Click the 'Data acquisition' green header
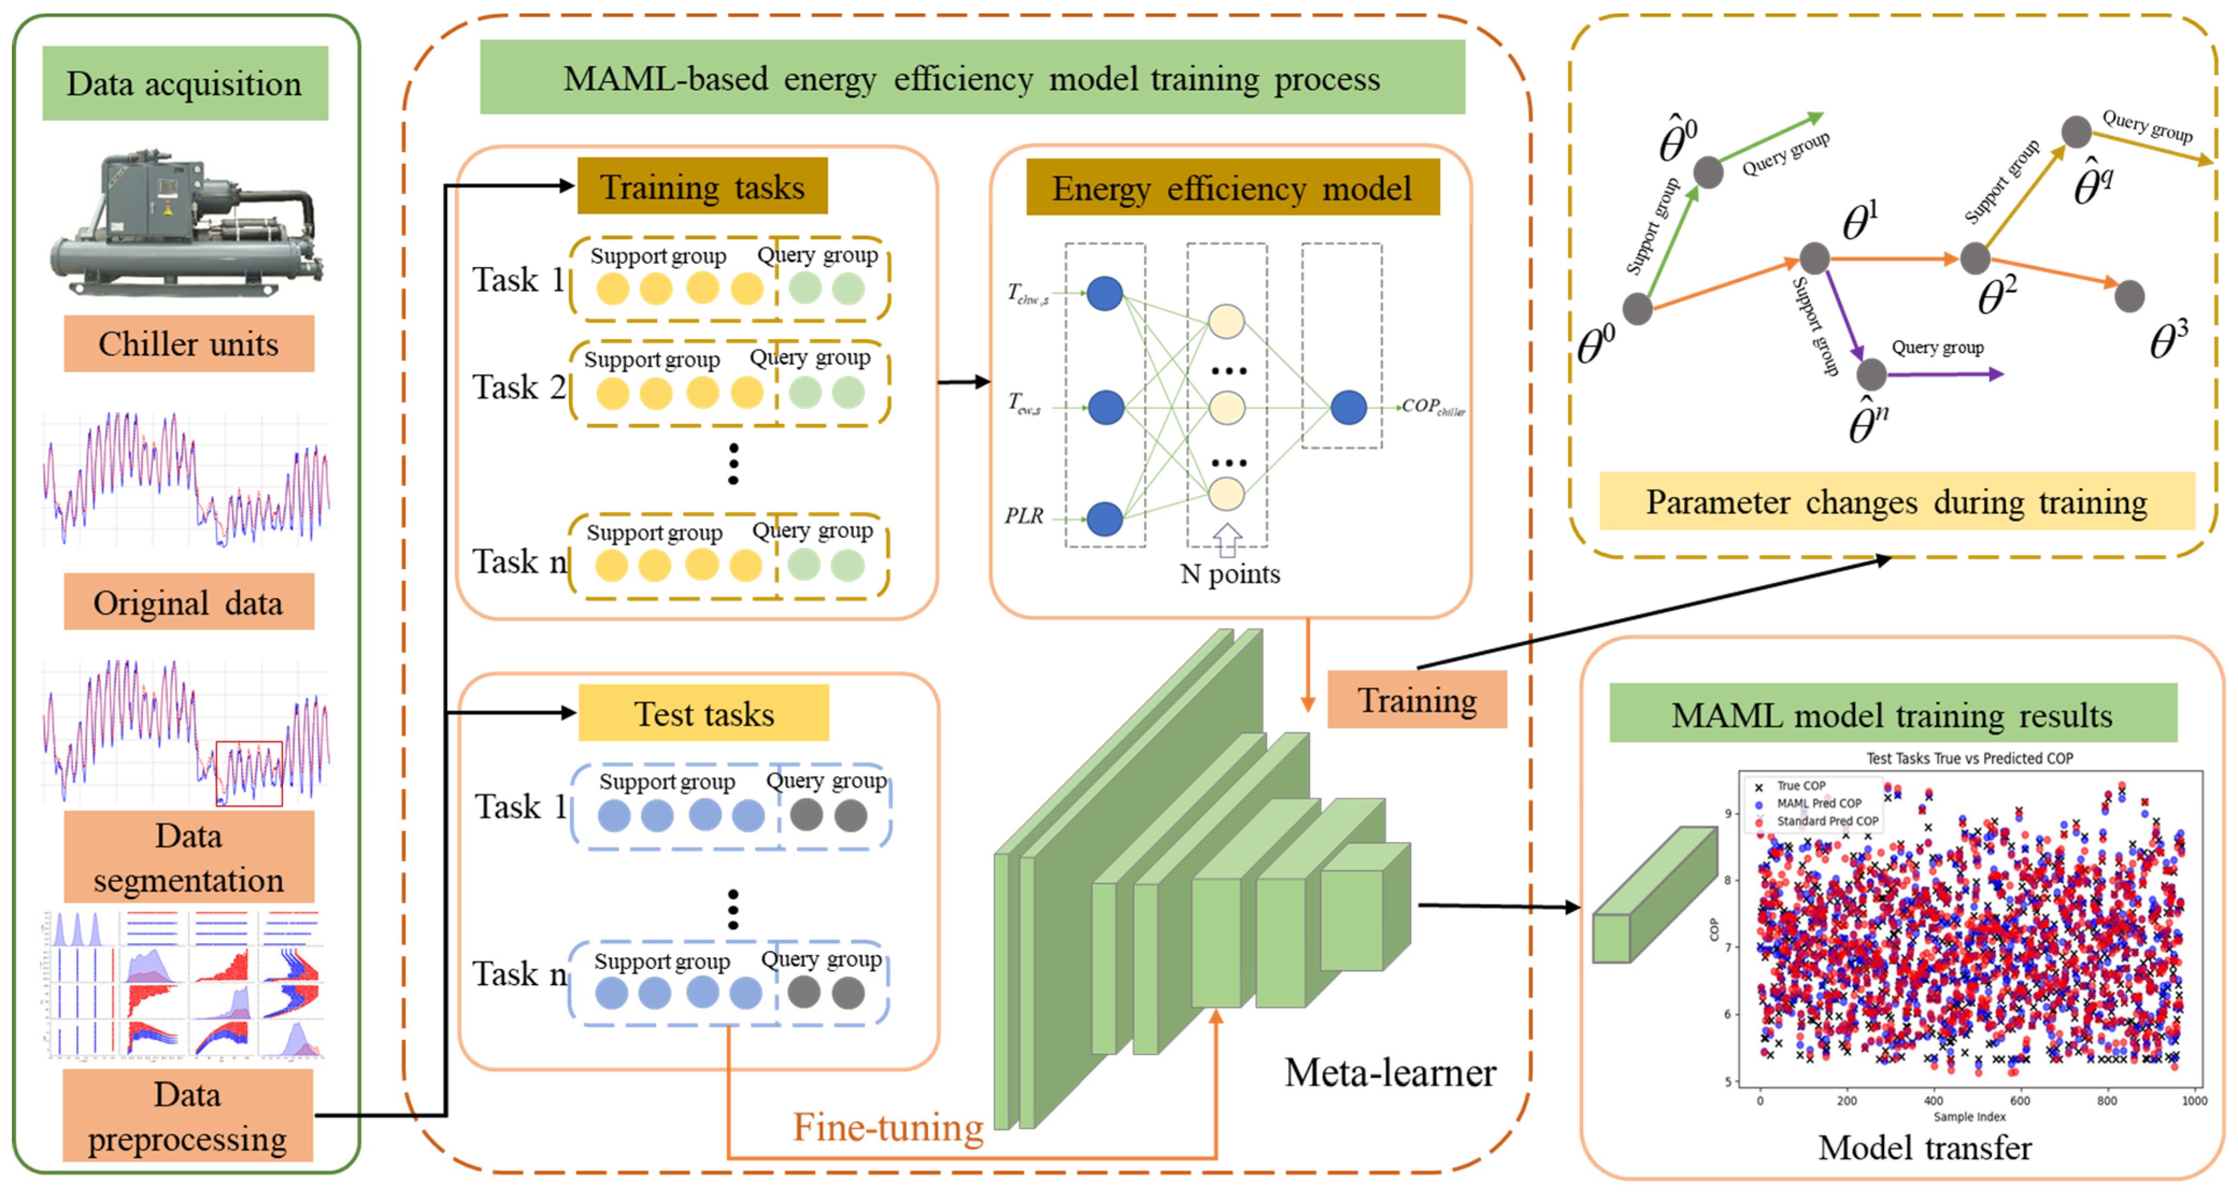click(185, 83)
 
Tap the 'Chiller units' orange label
click(189, 344)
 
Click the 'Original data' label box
click(189, 602)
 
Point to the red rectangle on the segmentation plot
click(248, 772)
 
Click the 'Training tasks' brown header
click(702, 187)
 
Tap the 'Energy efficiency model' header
click(1232, 188)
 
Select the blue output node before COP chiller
click(1348, 406)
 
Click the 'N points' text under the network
click(1229, 574)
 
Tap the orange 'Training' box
click(1417, 699)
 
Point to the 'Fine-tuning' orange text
click(888, 1128)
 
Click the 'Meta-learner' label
click(1390, 1072)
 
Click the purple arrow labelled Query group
click(1946, 375)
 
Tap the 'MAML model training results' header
click(1892, 714)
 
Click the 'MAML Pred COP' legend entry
click(1818, 804)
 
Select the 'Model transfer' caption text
click(1925, 1147)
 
